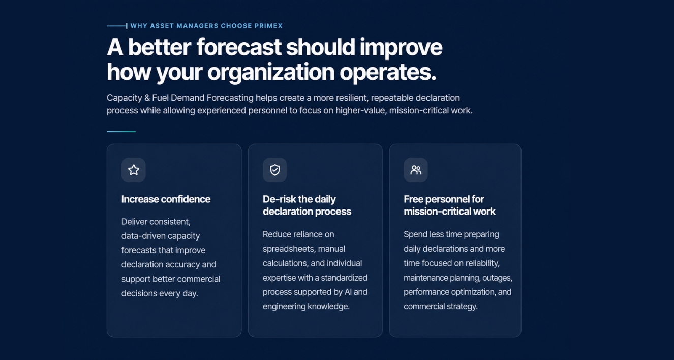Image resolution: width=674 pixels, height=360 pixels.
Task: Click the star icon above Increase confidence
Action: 134,170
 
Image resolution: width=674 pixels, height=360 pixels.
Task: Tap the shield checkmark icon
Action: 274,170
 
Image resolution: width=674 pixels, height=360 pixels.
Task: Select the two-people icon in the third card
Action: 416,170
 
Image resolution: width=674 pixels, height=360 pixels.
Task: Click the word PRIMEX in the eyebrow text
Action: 268,26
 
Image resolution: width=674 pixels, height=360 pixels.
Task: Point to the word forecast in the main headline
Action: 239,47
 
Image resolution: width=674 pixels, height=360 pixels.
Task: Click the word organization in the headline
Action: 271,73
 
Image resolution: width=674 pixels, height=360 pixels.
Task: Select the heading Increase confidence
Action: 166,199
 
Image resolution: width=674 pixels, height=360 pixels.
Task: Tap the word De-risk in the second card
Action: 275,199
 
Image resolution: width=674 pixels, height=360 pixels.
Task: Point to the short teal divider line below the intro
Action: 121,132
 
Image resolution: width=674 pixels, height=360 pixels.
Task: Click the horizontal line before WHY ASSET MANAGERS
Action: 117,26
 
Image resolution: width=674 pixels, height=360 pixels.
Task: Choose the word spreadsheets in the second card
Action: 289,249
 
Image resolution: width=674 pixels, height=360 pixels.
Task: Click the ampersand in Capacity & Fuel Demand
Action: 147,98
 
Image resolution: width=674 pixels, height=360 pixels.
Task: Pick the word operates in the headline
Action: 388,73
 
